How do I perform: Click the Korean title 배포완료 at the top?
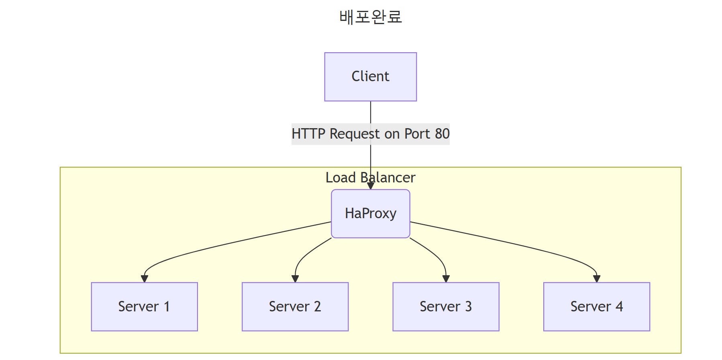(x=370, y=17)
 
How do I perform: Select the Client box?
(x=370, y=76)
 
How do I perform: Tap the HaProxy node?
(x=370, y=213)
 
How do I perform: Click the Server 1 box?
(x=144, y=307)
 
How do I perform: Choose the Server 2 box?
(x=295, y=307)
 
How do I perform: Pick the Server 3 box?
(x=446, y=307)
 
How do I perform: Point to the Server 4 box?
(x=596, y=307)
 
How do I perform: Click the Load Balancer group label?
(x=370, y=178)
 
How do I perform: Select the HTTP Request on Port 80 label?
(x=370, y=134)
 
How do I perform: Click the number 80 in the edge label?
(x=442, y=134)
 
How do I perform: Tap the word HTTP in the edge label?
(x=308, y=134)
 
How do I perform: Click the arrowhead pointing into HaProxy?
(x=370, y=186)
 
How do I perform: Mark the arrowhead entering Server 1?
(x=144, y=279)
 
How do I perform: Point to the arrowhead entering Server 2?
(x=295, y=279)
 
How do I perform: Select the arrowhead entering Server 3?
(x=446, y=279)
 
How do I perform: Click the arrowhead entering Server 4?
(x=596, y=279)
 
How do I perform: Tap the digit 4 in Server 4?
(x=619, y=307)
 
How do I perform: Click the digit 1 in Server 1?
(x=167, y=307)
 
